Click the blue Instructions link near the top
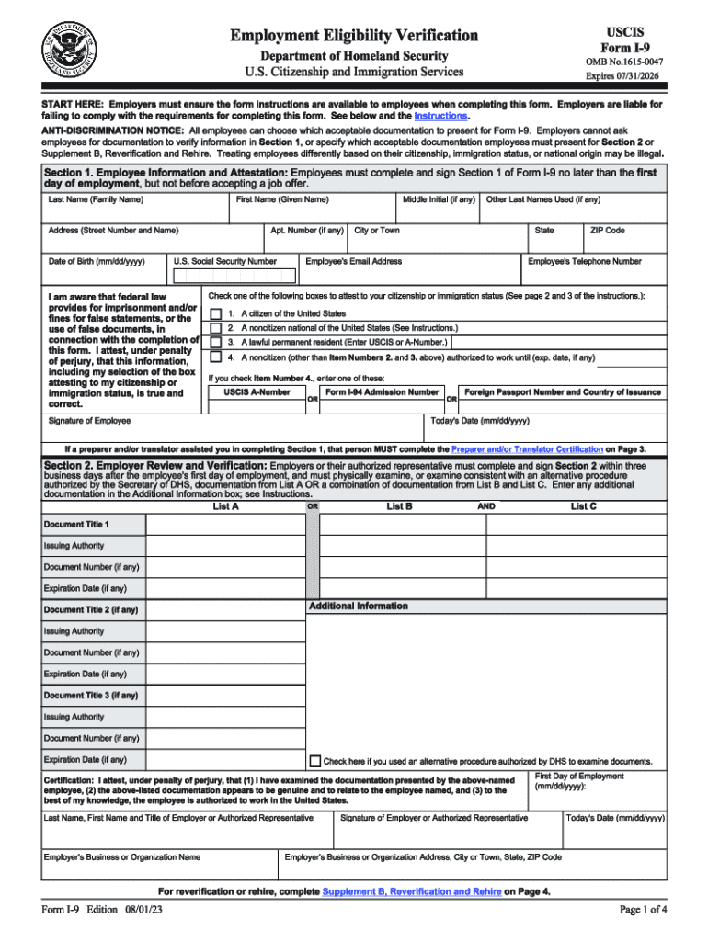pyautogui.click(x=441, y=117)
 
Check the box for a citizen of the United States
pyautogui.click(x=215, y=313)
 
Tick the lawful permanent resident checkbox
pyautogui.click(x=215, y=342)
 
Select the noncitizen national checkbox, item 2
pyautogui.click(x=215, y=328)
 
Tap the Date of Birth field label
pyautogui.click(x=97, y=262)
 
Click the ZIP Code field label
pyautogui.click(x=608, y=231)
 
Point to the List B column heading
pyautogui.click(x=399, y=506)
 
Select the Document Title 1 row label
pyautogui.click(x=76, y=525)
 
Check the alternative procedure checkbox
pyautogui.click(x=315, y=761)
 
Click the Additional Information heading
pyautogui.click(x=358, y=607)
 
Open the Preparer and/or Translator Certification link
pyautogui.click(x=527, y=449)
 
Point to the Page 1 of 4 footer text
pyautogui.click(x=644, y=911)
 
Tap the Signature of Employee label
pyautogui.click(x=89, y=421)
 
